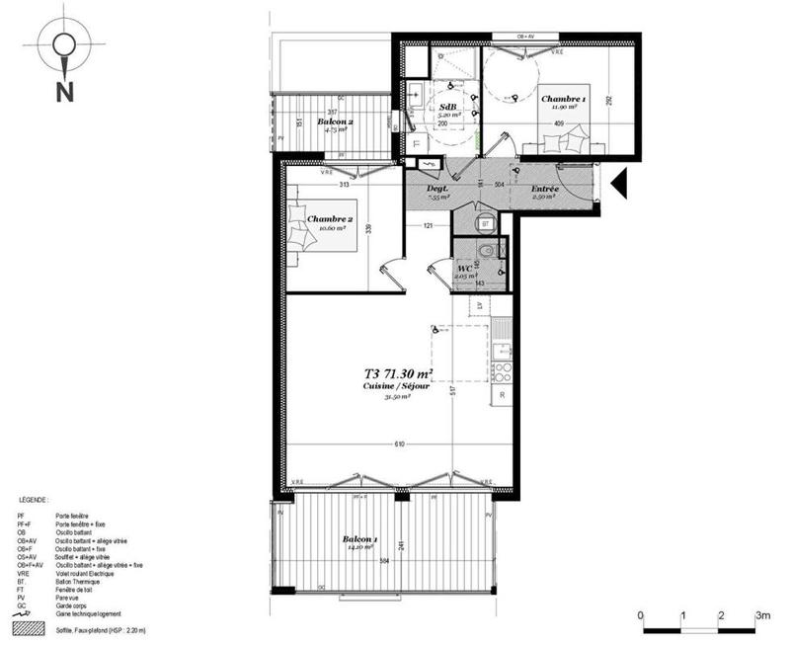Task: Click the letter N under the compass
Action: [x=64, y=92]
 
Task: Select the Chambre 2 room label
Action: [x=330, y=218]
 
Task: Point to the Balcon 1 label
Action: [x=357, y=540]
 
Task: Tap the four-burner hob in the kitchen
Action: [x=503, y=371]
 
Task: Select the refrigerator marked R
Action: [x=503, y=396]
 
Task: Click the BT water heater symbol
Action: [x=486, y=223]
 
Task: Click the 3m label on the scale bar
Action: [x=761, y=614]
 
